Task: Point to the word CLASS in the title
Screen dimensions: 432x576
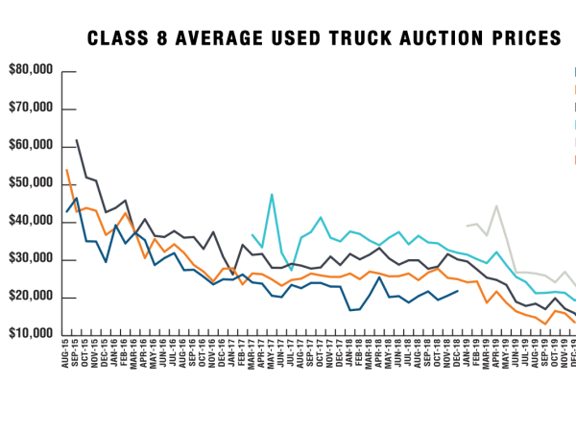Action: click(x=115, y=38)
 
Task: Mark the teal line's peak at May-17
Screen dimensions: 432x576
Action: click(x=272, y=195)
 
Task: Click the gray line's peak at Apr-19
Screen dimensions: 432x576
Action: click(x=497, y=205)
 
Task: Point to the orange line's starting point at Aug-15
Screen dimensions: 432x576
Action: click(x=66, y=170)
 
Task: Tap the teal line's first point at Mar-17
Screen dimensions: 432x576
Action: click(x=252, y=234)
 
